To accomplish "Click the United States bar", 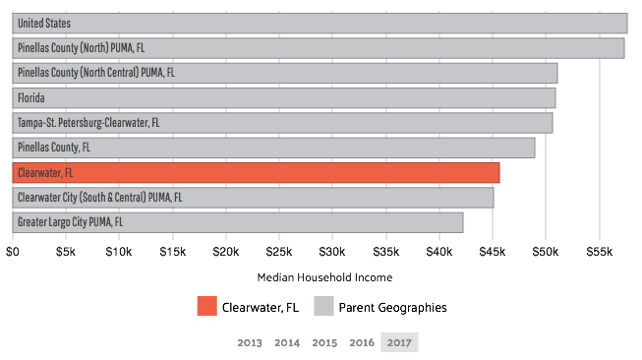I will (x=320, y=23).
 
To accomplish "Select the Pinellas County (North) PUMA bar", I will (x=319, y=47).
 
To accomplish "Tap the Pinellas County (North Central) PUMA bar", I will (x=285, y=73).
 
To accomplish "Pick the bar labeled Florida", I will (x=284, y=97).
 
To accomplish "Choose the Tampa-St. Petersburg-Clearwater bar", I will (x=282, y=123).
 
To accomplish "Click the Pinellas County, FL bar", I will (x=273, y=148).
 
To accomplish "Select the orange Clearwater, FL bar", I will (x=256, y=173).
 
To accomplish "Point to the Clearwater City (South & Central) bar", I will (x=253, y=198).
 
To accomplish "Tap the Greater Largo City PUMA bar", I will (x=238, y=222).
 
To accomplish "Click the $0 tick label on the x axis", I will (x=14, y=252).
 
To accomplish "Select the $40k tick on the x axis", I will (x=438, y=252).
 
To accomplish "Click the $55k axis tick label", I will (x=598, y=252).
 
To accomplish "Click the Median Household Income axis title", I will (x=324, y=278).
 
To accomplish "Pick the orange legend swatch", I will (x=206, y=306).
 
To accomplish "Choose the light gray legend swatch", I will (x=323, y=306).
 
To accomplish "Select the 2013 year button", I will (x=250, y=342).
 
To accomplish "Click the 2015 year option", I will (x=324, y=342).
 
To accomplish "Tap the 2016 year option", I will (x=362, y=342).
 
